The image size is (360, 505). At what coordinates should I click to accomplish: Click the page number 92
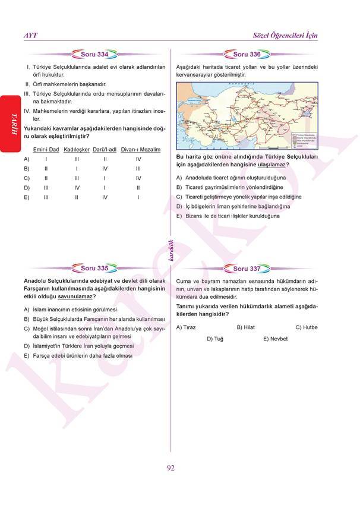tap(170, 468)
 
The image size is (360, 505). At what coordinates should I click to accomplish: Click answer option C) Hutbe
tap(307, 327)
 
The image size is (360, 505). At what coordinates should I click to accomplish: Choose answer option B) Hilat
tap(245, 327)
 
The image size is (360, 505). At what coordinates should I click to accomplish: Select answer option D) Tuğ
tap(215, 339)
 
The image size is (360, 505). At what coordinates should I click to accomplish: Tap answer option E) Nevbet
tap(275, 339)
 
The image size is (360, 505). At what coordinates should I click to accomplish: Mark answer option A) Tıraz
tap(186, 327)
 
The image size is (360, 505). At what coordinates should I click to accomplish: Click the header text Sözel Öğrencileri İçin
tap(285, 36)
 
